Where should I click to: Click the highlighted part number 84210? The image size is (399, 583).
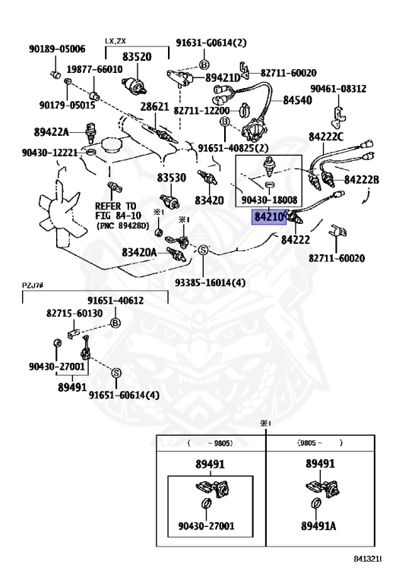[269, 216]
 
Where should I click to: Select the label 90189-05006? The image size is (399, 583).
[57, 49]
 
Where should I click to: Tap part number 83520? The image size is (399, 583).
[137, 56]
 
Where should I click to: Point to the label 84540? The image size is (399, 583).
[297, 100]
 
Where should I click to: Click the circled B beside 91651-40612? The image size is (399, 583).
[116, 323]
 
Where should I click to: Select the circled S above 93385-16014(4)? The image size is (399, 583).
[203, 251]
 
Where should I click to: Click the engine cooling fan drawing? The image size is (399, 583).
[59, 209]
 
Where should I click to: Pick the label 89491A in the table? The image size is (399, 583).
[318, 526]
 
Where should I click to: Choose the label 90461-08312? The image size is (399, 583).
[338, 89]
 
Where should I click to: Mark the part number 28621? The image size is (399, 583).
[155, 107]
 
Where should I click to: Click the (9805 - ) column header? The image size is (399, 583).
[320, 443]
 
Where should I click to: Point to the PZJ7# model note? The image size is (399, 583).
[33, 285]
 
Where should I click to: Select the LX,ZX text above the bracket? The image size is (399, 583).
[115, 41]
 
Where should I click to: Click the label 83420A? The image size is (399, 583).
[139, 253]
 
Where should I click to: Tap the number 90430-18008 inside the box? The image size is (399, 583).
[270, 200]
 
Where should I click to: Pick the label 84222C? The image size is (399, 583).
[326, 137]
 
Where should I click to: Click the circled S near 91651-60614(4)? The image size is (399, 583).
[116, 373]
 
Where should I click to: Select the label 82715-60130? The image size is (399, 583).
[74, 313]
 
